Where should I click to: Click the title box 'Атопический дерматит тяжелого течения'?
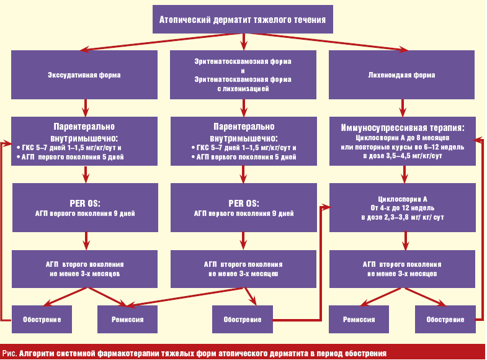pyautogui.click(x=243, y=19)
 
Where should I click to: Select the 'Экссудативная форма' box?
pyautogui.click(x=84, y=75)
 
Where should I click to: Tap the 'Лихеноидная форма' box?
pyautogui.click(x=401, y=75)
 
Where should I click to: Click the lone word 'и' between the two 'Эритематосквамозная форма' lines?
pyautogui.click(x=243, y=71)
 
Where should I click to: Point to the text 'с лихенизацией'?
pyautogui.click(x=243, y=89)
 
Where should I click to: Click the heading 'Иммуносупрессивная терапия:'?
pyautogui.click(x=403, y=128)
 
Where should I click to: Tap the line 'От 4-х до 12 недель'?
pyautogui.click(x=403, y=208)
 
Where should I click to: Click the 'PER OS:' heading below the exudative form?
pyautogui.click(x=85, y=204)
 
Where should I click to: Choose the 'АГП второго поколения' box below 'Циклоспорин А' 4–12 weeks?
pyautogui.click(x=402, y=269)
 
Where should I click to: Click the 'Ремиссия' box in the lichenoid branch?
pyautogui.click(x=359, y=319)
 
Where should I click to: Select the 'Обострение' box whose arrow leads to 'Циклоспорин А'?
pyautogui.click(x=243, y=319)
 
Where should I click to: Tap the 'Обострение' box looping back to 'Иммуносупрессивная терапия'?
pyautogui.click(x=445, y=319)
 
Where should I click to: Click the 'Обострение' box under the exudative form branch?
pyautogui.click(x=42, y=319)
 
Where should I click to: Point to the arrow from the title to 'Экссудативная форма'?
pyautogui.click(x=161, y=42)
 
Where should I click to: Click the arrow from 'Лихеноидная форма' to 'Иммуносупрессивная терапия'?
pyautogui.click(x=403, y=108)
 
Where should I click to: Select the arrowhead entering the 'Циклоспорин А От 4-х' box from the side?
pyautogui.click(x=326, y=207)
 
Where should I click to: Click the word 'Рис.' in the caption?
pyautogui.click(x=10, y=353)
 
